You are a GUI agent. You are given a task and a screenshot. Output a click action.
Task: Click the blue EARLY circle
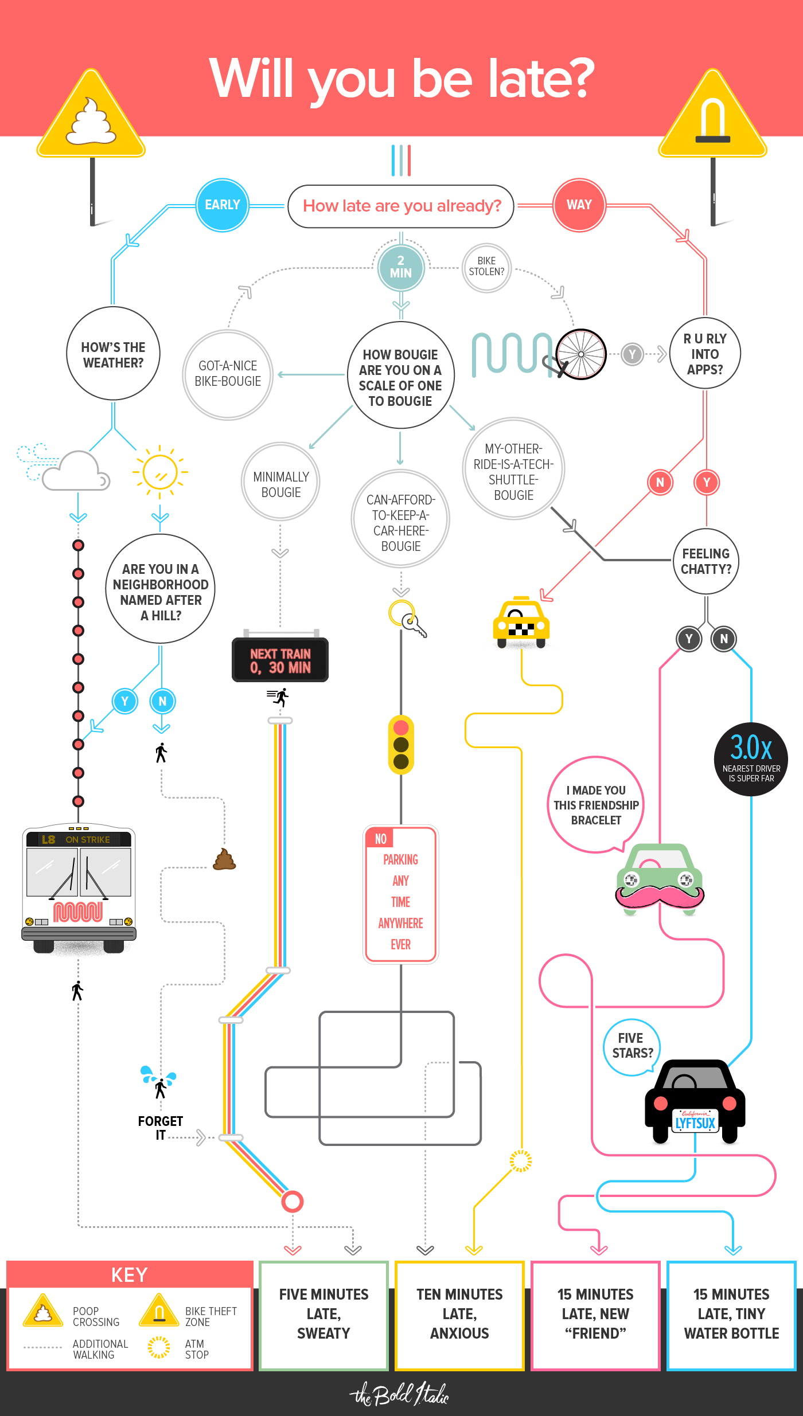223,205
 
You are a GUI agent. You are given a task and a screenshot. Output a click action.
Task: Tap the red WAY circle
579,205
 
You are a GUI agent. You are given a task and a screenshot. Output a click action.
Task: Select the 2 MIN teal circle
400,267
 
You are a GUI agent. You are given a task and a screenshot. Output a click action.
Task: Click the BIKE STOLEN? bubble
486,267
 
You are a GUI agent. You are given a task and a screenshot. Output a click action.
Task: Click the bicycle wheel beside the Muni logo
581,354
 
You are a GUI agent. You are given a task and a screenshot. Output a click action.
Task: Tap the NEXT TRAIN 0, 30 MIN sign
280,660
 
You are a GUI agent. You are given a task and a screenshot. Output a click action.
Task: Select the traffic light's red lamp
401,727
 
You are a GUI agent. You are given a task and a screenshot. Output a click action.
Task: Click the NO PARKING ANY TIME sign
401,894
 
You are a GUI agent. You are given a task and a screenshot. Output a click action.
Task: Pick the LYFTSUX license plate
695,1122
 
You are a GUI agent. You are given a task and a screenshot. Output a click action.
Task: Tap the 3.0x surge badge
751,759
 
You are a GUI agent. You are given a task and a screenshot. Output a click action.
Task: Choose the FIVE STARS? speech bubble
632,1046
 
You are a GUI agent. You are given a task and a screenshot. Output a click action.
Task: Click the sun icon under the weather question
160,472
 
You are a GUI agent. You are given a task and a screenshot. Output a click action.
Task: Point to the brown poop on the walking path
224,860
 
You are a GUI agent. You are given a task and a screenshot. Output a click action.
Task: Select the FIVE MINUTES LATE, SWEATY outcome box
323,1314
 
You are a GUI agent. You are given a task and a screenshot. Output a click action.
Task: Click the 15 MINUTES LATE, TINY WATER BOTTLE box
731,1314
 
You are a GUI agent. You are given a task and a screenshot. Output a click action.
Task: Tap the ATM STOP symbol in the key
159,1347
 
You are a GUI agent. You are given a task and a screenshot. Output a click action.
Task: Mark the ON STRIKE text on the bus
88,839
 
